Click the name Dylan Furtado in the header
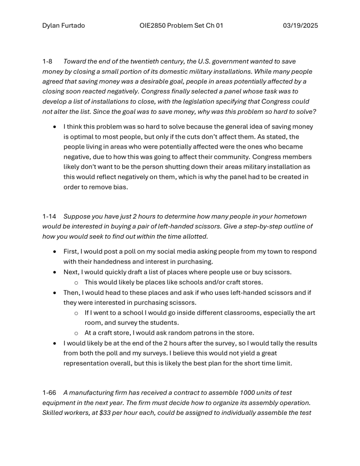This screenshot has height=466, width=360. [x=63, y=26]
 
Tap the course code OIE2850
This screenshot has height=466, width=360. [x=155, y=26]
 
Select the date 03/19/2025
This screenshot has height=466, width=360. [x=300, y=26]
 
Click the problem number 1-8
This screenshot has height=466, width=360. [x=47, y=61]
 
